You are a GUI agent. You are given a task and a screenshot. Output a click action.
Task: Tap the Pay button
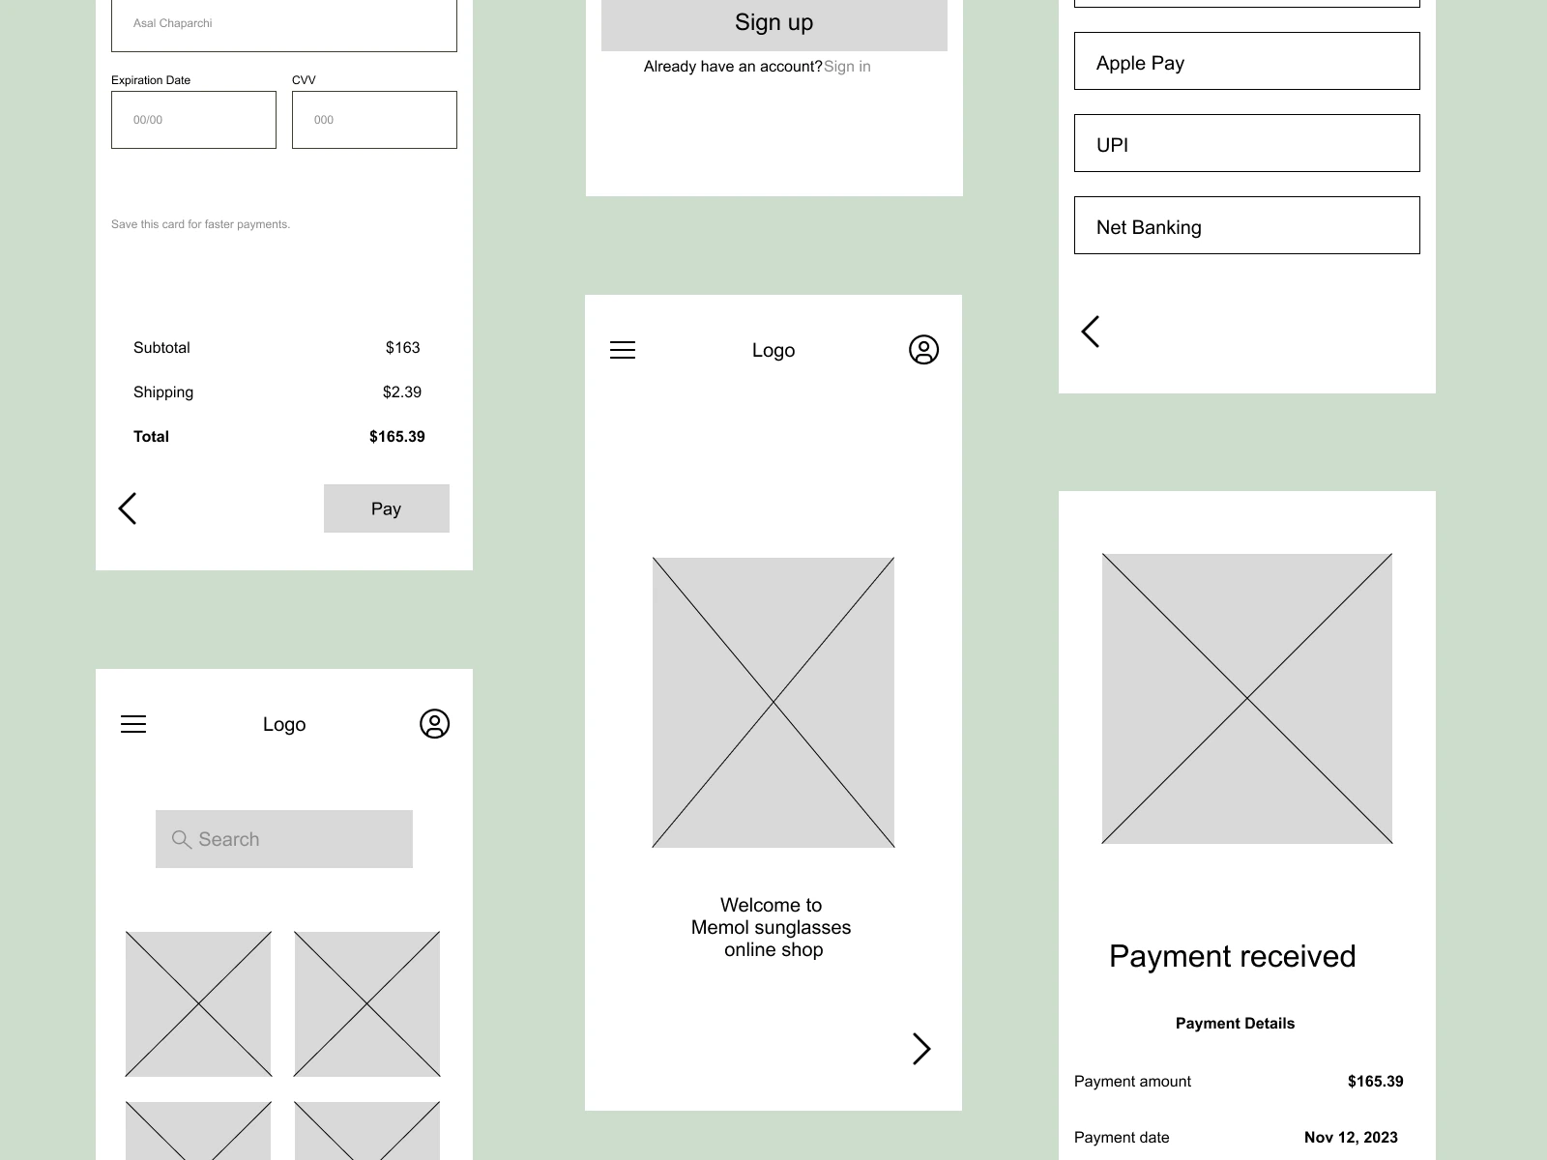click(x=386, y=507)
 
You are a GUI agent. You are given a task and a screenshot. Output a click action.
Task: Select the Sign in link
click(x=847, y=66)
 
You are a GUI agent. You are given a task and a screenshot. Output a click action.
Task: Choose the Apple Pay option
click(x=1246, y=61)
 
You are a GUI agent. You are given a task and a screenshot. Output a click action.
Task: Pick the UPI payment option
click(x=1246, y=143)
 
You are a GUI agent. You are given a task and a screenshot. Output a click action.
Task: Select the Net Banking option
click(x=1246, y=225)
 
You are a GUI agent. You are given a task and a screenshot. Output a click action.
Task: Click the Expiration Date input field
click(x=193, y=120)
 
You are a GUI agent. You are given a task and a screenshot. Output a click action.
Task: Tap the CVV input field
click(x=374, y=120)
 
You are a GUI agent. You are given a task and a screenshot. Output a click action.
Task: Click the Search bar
click(x=284, y=839)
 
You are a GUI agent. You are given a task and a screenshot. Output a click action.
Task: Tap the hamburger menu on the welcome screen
click(x=623, y=350)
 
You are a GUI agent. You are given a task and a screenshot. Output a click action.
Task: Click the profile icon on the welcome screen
click(x=923, y=349)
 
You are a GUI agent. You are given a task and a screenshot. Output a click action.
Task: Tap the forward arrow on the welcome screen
click(x=921, y=1049)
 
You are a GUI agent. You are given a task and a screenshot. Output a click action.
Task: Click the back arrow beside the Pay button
click(x=128, y=508)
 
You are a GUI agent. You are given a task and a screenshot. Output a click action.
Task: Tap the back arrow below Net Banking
click(x=1091, y=332)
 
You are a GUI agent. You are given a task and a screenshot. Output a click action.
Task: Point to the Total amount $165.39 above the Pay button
click(x=396, y=437)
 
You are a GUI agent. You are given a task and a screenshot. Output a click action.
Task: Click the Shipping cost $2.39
click(x=401, y=392)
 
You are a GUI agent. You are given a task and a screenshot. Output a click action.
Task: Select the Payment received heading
click(x=1232, y=956)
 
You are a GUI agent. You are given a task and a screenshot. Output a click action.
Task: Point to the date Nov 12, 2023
click(x=1351, y=1138)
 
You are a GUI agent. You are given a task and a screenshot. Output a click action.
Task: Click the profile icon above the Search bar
click(x=434, y=723)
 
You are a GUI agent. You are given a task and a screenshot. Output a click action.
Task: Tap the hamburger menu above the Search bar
click(x=133, y=724)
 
